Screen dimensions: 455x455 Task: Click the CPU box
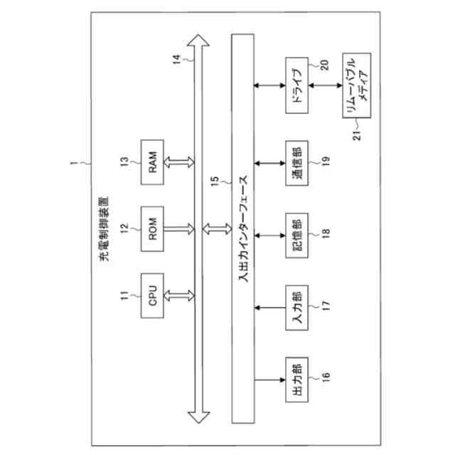click(153, 294)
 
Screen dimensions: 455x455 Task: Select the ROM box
click(153, 229)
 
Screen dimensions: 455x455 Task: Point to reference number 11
click(125, 294)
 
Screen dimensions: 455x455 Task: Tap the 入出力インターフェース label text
click(242, 228)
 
